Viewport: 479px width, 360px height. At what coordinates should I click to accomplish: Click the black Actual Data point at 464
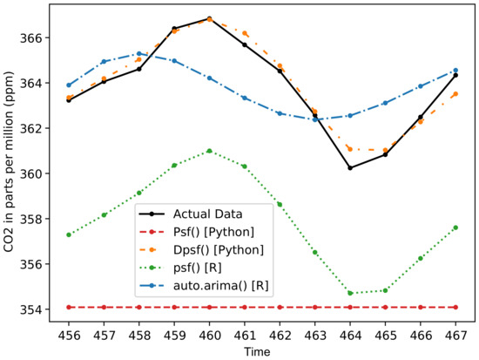(350, 167)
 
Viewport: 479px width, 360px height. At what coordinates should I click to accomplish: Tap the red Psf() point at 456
(69, 307)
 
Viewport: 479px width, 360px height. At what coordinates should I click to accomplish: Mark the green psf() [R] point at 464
(350, 293)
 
